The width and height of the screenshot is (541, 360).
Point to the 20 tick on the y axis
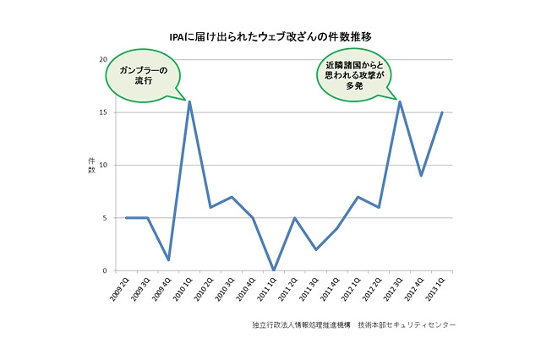102,59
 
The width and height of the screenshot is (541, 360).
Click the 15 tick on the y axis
102,112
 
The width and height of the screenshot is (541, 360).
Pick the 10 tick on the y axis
102,165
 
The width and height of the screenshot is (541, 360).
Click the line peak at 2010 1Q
189,101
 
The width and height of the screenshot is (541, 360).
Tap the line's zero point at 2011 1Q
273,270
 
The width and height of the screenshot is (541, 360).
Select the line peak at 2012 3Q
400,101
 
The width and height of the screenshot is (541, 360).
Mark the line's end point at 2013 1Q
442,112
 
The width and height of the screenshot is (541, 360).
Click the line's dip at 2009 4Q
168,259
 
